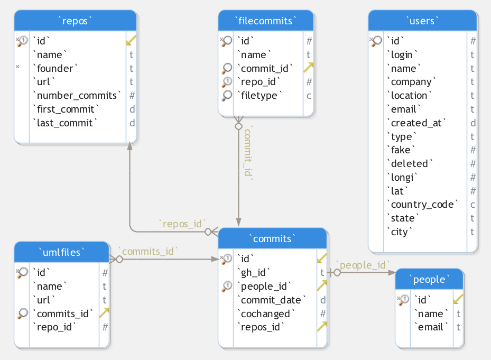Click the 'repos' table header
75,21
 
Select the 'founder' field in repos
55,68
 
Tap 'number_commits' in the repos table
77,95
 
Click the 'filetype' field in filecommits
260,95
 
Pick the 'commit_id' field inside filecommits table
265,68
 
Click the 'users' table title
422,21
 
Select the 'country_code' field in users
422,204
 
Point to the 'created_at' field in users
416,123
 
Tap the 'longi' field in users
402,177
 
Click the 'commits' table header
272,239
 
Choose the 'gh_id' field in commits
253,273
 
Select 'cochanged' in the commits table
266,313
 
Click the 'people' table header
429,279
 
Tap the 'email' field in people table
431,327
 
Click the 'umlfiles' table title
62,252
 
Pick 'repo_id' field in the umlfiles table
54,327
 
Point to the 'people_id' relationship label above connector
363,265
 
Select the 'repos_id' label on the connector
182,224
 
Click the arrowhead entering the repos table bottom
129,146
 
